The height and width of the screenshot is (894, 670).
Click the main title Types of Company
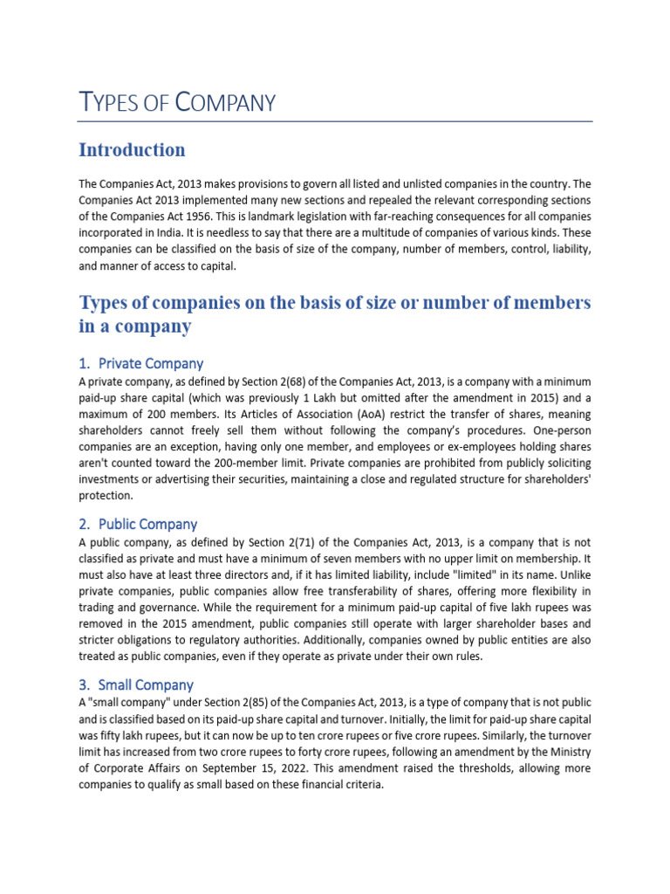pos(177,103)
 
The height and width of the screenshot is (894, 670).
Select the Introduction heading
pos(132,150)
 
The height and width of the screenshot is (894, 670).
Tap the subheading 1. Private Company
pos(140,363)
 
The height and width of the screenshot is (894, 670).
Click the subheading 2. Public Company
pos(138,525)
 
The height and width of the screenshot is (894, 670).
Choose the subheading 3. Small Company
pos(136,685)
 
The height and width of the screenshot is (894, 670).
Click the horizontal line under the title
pos(336,121)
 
